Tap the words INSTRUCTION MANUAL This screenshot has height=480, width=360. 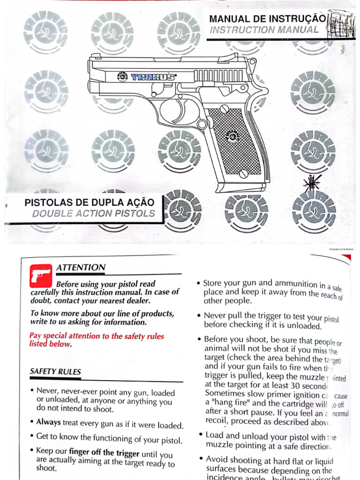point(264,30)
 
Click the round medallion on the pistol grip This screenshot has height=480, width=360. point(232,136)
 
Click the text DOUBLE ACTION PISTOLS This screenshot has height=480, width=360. point(94,214)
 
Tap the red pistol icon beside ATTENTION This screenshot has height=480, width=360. point(41,275)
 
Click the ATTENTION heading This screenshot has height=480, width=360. point(81,268)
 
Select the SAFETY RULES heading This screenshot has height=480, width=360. point(55,372)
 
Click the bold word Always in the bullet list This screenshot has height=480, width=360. point(49,422)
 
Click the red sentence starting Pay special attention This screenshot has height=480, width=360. point(97,340)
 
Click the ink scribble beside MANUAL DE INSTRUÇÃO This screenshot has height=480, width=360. point(339,23)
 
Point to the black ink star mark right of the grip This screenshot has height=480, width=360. point(313,183)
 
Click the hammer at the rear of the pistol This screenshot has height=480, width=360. point(252,66)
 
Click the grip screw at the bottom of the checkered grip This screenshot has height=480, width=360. point(243,174)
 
